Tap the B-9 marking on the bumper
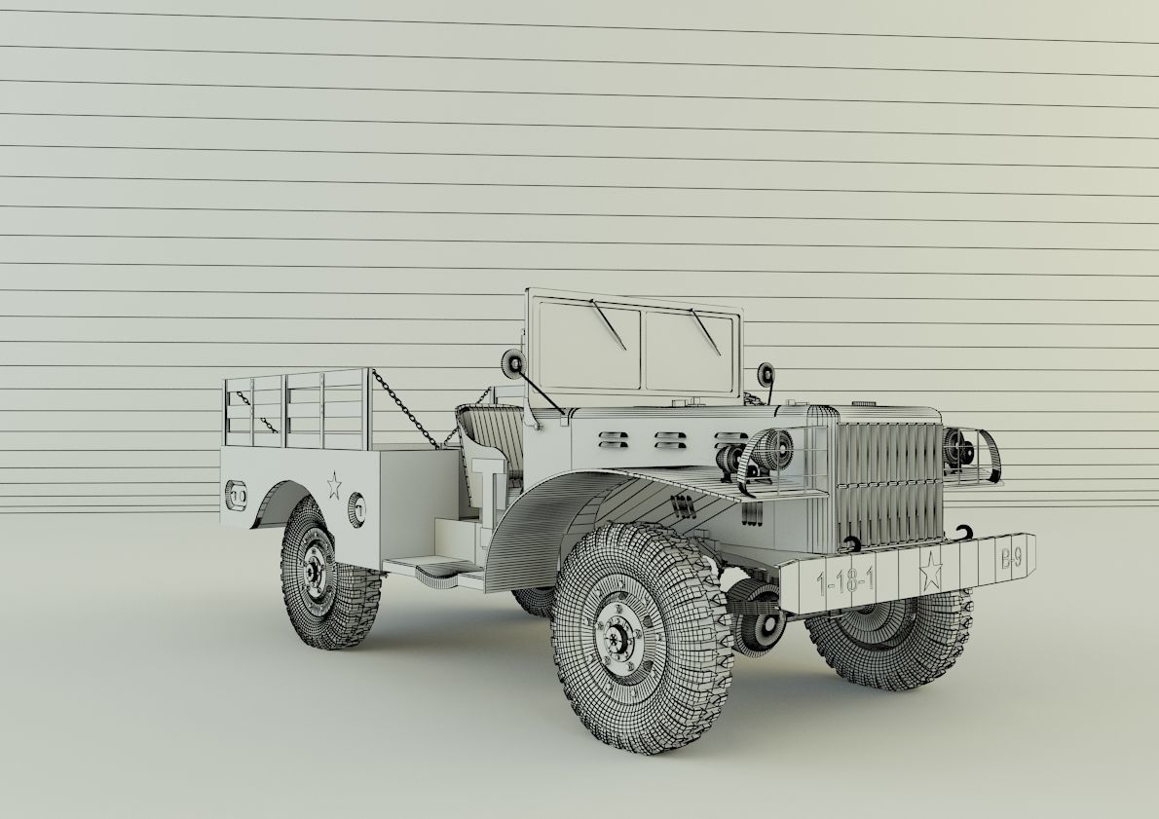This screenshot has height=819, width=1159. (x=1011, y=559)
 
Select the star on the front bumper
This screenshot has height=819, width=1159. (x=930, y=570)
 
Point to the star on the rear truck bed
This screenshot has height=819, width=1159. (x=334, y=484)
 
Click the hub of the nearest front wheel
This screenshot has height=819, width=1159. (x=617, y=639)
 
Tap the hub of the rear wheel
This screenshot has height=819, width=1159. (x=314, y=572)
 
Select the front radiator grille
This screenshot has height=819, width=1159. (x=887, y=483)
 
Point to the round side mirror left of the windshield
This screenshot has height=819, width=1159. (x=512, y=365)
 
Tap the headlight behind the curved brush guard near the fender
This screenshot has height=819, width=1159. (x=772, y=448)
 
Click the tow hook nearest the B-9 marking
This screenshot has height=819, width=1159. (x=965, y=532)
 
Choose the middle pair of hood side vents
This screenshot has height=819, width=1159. (x=667, y=440)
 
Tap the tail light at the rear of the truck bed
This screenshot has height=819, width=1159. (x=236, y=496)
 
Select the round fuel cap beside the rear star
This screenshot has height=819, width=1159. (x=356, y=507)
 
